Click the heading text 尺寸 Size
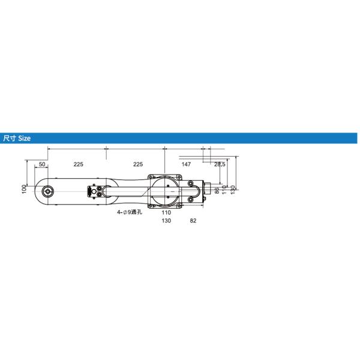pyautogui.click(x=17, y=137)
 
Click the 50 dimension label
pyautogui.click(x=42, y=164)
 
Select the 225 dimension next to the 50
pyautogui.click(x=79, y=164)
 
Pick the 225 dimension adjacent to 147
pyautogui.click(x=137, y=164)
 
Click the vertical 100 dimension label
pyautogui.click(x=24, y=189)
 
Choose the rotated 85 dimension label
pyautogui.click(x=217, y=191)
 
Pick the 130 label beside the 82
pyautogui.click(x=166, y=221)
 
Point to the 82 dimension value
pyautogui.click(x=193, y=221)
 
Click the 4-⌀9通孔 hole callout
pyautogui.click(x=129, y=212)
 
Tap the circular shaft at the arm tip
pyautogui.click(x=47, y=191)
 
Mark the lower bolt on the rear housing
pyautogui.click(x=191, y=199)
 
